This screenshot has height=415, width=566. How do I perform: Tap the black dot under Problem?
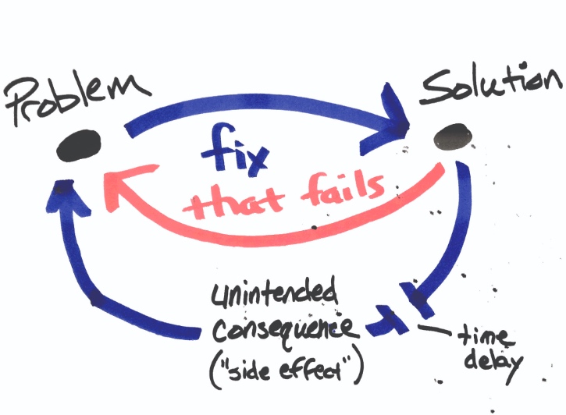(81, 145)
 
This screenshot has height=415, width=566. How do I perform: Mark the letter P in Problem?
(23, 101)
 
